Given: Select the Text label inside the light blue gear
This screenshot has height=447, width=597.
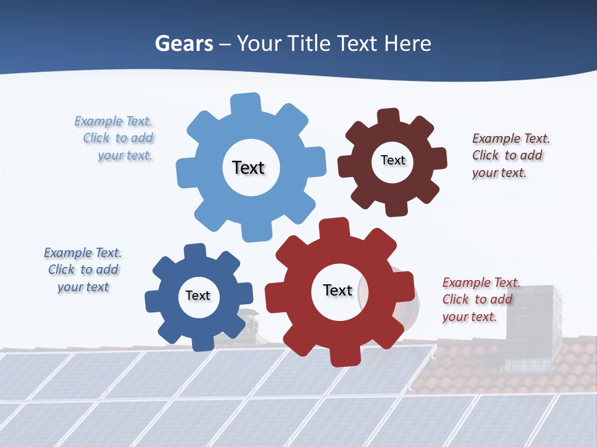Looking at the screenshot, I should click(248, 168).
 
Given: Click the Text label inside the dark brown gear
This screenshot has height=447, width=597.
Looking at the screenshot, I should click(392, 160).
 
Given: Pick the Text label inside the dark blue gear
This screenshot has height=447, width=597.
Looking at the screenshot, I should click(198, 296).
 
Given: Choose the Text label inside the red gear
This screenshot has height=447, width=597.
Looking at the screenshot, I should click(338, 290).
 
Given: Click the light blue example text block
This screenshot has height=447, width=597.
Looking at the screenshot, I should click(114, 138).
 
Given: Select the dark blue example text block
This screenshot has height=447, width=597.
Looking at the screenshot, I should click(83, 270).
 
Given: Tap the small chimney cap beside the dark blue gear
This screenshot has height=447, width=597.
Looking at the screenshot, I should click(249, 314).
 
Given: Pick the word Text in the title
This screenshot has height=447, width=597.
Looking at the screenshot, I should click(356, 43).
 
